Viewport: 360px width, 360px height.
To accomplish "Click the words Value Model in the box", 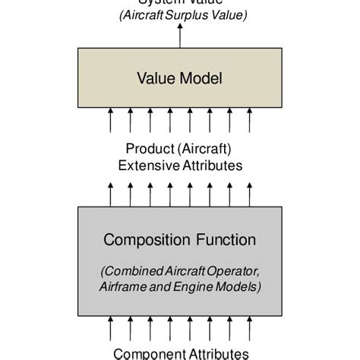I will coord(179,78).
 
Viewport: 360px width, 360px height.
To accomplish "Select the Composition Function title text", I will coord(179,240).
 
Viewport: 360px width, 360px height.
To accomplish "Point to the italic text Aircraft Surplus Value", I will coord(179,16).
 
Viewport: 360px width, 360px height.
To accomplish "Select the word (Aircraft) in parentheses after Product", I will coord(207,149).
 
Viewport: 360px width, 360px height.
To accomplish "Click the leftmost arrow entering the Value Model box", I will coord(111,120).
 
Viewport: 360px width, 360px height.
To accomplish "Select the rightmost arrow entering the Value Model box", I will coord(249,120).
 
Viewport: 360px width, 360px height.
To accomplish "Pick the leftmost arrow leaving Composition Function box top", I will coord(111,193).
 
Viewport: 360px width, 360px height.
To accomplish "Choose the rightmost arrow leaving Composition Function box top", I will coord(249,193).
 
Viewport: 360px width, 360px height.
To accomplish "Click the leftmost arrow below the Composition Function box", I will coord(111,329).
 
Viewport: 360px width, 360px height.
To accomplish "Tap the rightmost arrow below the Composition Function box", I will coord(249,329).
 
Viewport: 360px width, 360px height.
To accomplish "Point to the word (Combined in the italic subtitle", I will coord(128,271).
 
